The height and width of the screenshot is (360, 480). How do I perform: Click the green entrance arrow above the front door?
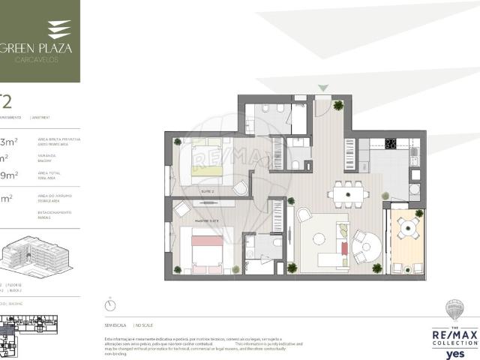click(323, 88)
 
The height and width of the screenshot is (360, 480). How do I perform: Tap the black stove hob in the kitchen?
click(391, 143)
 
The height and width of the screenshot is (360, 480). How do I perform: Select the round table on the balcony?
click(407, 227)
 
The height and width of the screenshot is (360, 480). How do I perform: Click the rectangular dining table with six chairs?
click(346, 193)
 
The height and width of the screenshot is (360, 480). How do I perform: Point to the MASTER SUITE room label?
click(205, 219)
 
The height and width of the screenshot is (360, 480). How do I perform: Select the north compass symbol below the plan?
click(110, 305)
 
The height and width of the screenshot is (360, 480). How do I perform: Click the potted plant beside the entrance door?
click(339, 105)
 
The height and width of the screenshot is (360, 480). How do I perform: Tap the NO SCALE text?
click(144, 325)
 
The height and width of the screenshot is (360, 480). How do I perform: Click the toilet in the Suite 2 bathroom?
click(295, 164)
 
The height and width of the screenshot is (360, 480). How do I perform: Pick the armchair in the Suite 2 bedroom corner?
click(241, 187)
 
